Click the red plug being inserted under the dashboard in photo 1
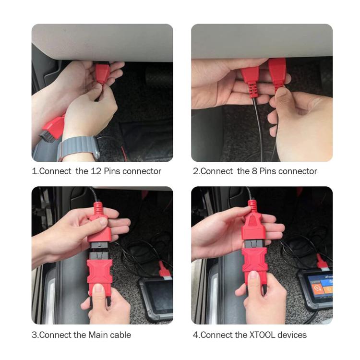pos(102,74)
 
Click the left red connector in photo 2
pos(250,79)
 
